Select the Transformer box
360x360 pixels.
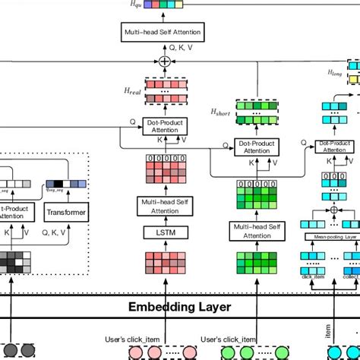click(x=65, y=212)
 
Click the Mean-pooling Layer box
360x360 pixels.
click(x=334, y=236)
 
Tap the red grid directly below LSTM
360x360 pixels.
click(x=159, y=261)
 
